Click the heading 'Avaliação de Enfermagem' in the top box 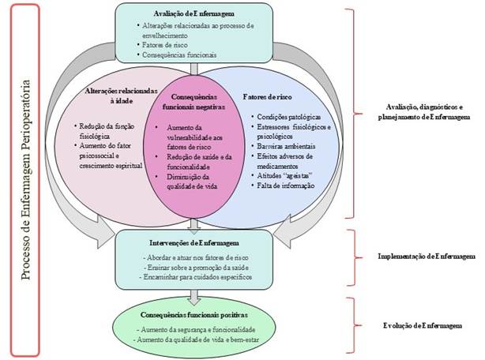(x=193, y=14)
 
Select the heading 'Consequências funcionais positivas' (x=193, y=313)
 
